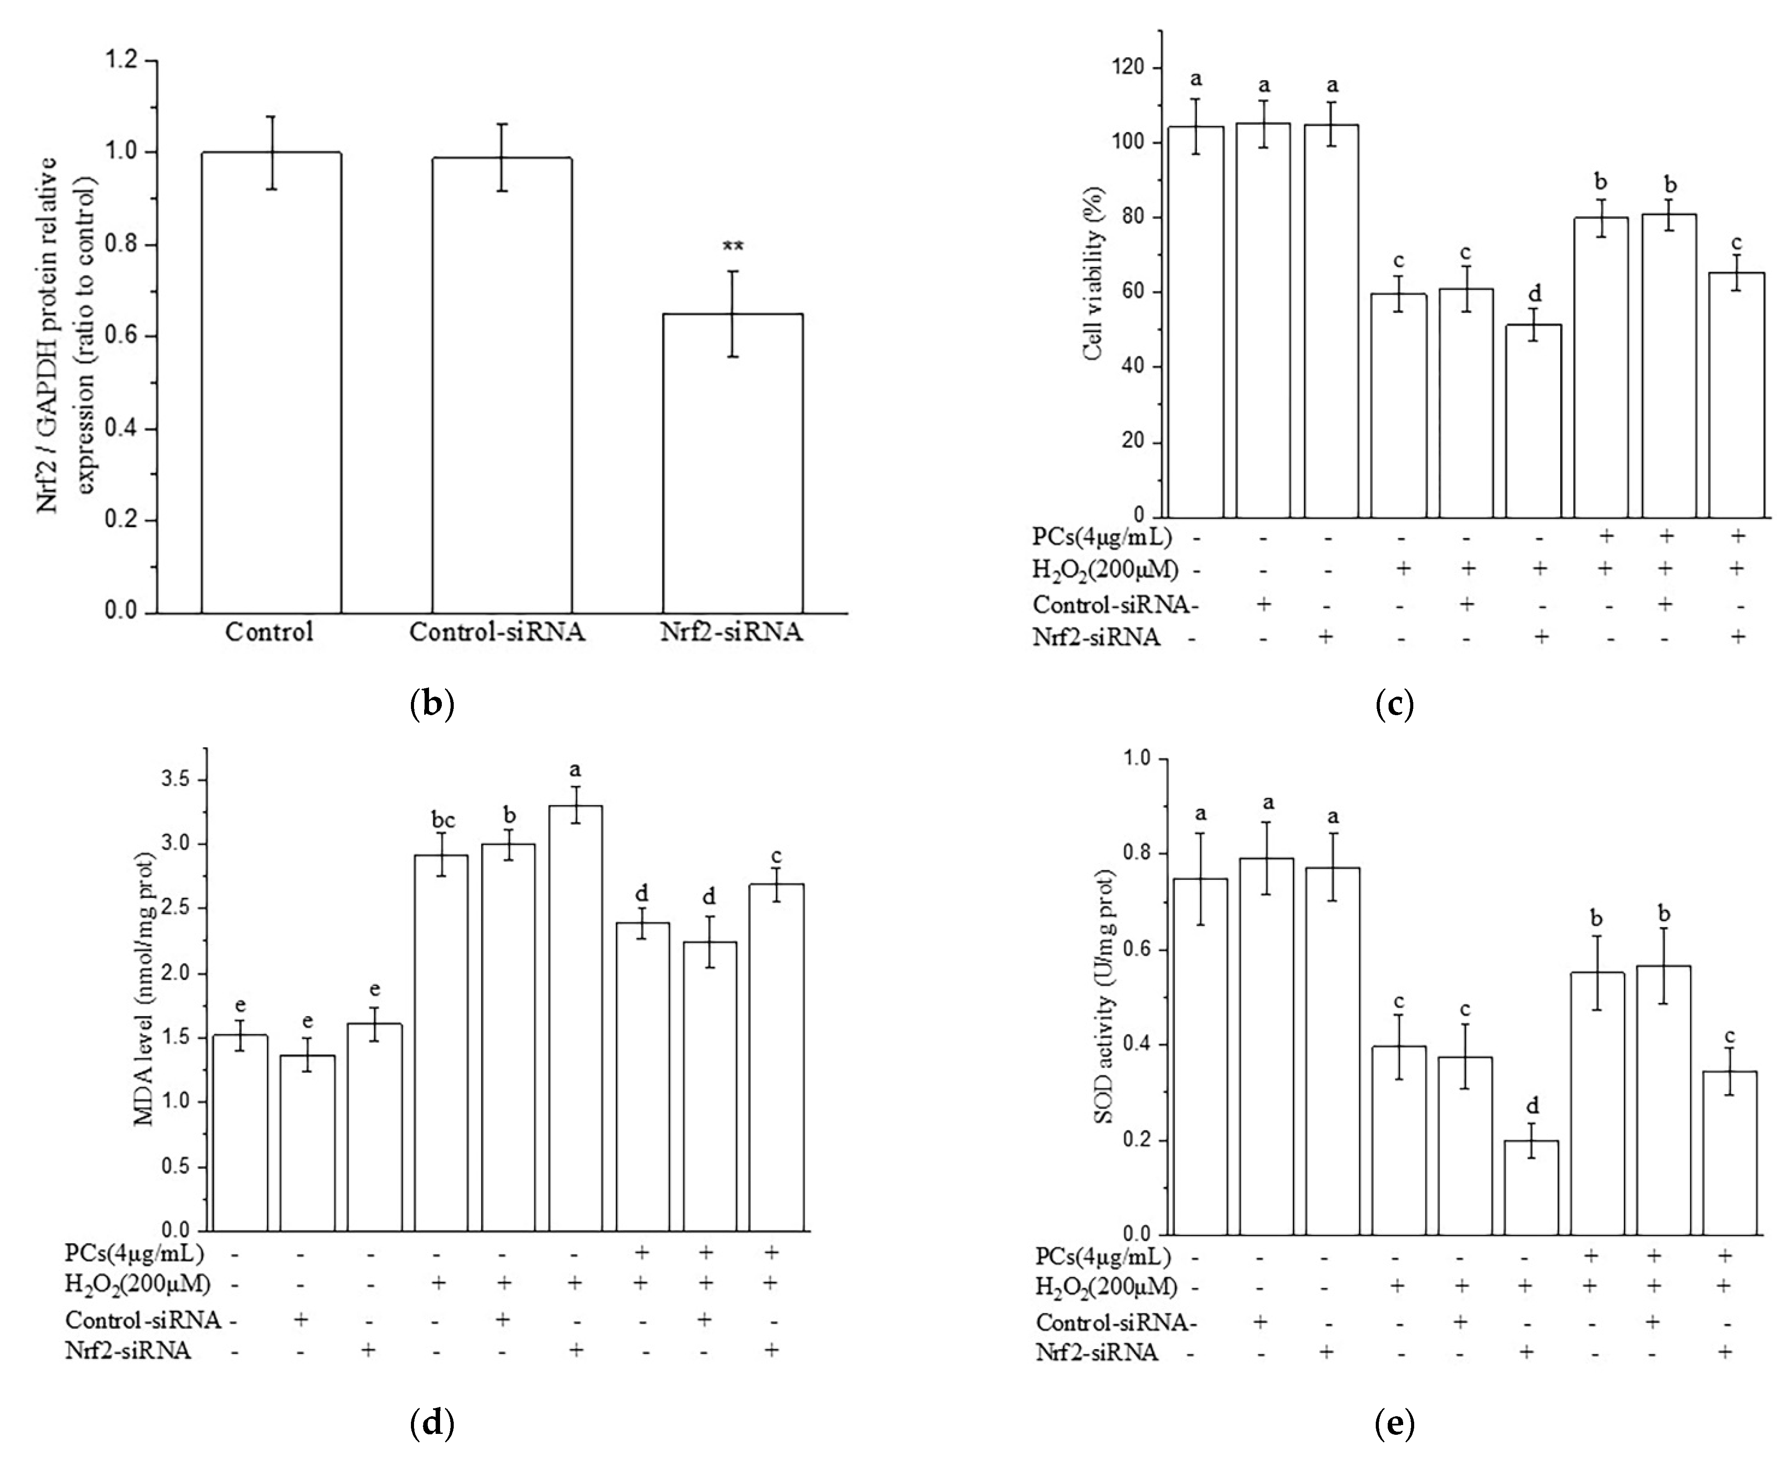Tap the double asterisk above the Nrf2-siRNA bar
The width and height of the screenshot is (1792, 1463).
click(x=733, y=247)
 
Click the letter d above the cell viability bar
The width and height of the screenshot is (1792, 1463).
click(x=1535, y=293)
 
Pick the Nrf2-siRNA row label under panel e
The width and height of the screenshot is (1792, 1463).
click(x=1096, y=1353)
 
